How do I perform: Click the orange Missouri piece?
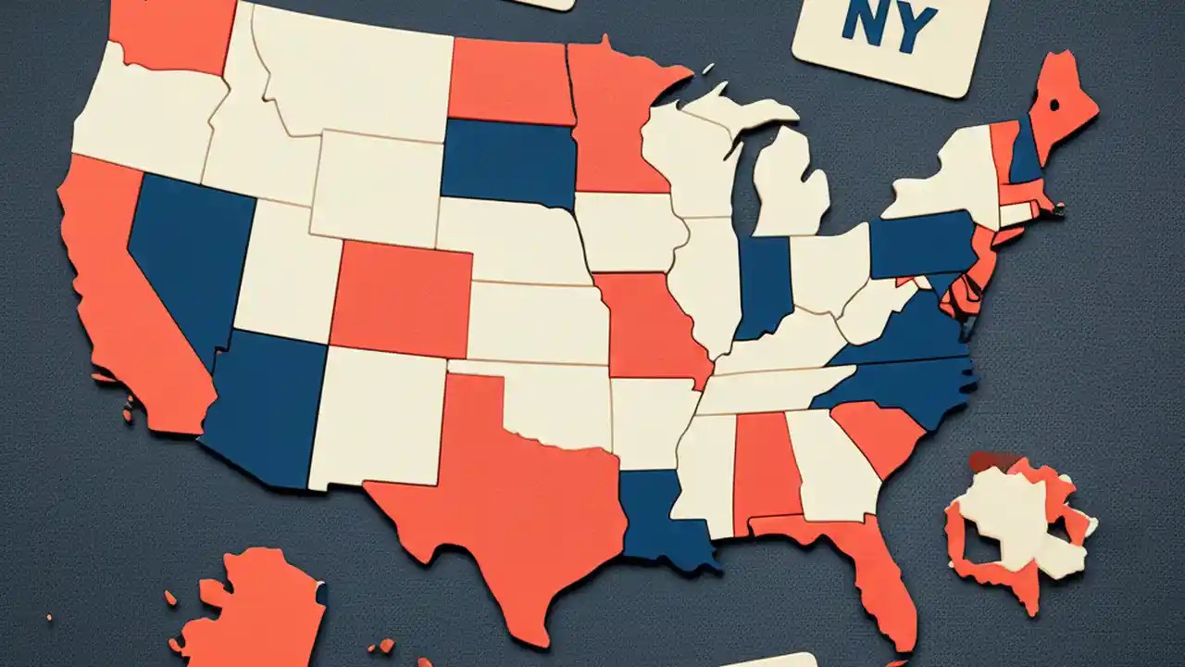pyautogui.click(x=653, y=324)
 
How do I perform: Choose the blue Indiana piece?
pyautogui.click(x=763, y=283)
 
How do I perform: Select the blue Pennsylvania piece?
pyautogui.click(x=921, y=243)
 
